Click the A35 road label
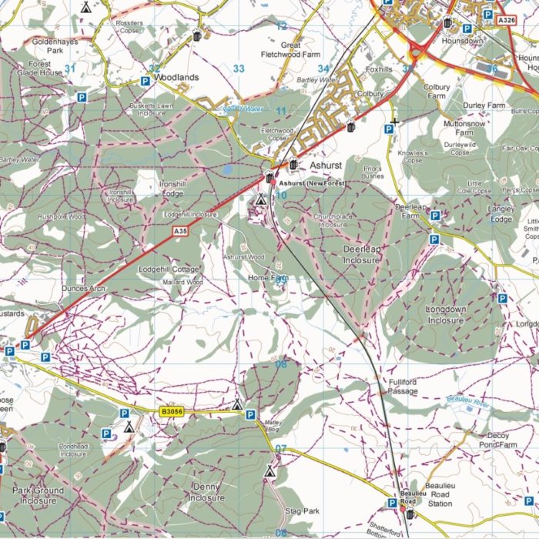tap(180, 231)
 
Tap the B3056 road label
tap(174, 413)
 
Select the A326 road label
tap(505, 19)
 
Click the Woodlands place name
tap(176, 78)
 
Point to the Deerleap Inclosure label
tap(361, 255)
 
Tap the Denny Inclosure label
tap(206, 492)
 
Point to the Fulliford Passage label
tap(403, 387)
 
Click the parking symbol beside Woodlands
tap(145, 81)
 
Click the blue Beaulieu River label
tap(468, 400)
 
